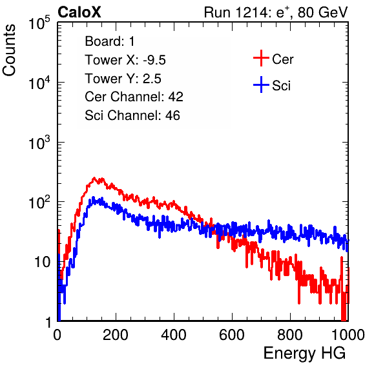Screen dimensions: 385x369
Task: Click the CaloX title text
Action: (79, 12)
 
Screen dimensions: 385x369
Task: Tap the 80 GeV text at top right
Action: (323, 12)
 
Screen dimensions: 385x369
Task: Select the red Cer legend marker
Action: (261, 58)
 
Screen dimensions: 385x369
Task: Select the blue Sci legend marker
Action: (261, 85)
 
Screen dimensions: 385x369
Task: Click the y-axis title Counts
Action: (9, 50)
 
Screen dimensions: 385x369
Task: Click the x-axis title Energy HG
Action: (304, 354)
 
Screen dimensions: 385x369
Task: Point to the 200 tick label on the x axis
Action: (116, 335)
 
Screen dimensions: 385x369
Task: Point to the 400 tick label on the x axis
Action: (174, 335)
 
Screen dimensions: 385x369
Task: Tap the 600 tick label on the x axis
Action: (232, 335)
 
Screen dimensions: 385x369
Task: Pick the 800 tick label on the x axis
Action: (290, 335)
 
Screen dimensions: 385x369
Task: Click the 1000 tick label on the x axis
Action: (348, 335)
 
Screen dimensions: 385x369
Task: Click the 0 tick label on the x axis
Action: (57, 335)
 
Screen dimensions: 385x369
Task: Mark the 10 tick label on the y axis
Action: (42, 263)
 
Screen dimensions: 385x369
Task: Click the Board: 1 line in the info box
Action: (110, 41)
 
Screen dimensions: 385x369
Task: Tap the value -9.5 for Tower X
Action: (154, 60)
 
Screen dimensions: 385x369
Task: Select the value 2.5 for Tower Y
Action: (152, 79)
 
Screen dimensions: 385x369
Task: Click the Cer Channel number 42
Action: (176, 97)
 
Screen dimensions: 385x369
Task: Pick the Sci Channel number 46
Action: (172, 115)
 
